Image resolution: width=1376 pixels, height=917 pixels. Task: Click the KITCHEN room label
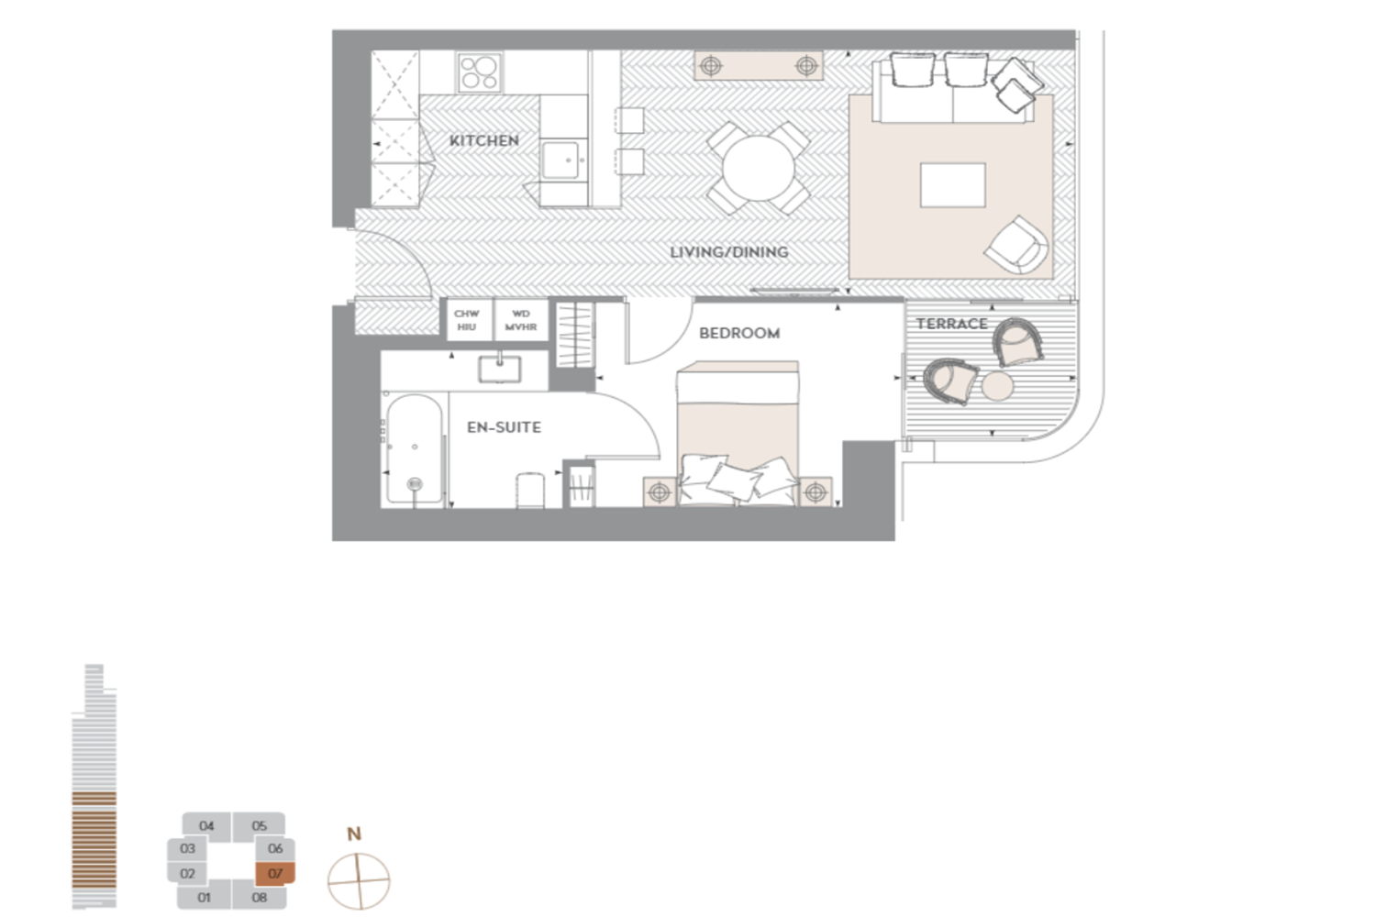pyautogui.click(x=484, y=140)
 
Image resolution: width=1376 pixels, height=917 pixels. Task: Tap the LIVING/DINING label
pyautogui.click(x=728, y=252)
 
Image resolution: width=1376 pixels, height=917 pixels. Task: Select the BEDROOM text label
pyautogui.click(x=739, y=333)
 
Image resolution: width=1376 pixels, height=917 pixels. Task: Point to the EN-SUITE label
pyautogui.click(x=504, y=427)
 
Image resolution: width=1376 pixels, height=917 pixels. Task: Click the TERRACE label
pyautogui.click(x=951, y=324)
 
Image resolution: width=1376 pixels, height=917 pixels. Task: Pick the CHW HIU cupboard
pyautogui.click(x=466, y=320)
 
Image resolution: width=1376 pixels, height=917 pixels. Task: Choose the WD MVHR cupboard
pyautogui.click(x=521, y=320)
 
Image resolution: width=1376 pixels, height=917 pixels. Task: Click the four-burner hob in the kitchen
pyautogui.click(x=480, y=72)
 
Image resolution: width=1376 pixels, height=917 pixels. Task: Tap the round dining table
pyautogui.click(x=758, y=169)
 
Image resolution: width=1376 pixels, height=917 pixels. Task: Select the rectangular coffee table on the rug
pyautogui.click(x=953, y=185)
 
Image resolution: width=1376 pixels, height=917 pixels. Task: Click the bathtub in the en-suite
pyautogui.click(x=415, y=449)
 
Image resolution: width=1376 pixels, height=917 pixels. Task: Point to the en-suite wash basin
pyautogui.click(x=499, y=369)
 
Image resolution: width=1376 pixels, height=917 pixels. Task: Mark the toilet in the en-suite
pyautogui.click(x=529, y=490)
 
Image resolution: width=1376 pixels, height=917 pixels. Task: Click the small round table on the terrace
pyautogui.click(x=997, y=386)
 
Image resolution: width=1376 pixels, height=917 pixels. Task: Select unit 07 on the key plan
pyautogui.click(x=275, y=873)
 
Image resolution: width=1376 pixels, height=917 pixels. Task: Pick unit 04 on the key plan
pyautogui.click(x=206, y=826)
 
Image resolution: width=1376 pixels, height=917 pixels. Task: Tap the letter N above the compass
pyautogui.click(x=354, y=834)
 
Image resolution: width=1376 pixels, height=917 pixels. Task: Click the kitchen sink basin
pyautogui.click(x=560, y=160)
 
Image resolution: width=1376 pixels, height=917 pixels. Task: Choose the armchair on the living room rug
pyautogui.click(x=1016, y=246)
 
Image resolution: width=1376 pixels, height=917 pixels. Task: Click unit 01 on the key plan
pyautogui.click(x=204, y=898)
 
